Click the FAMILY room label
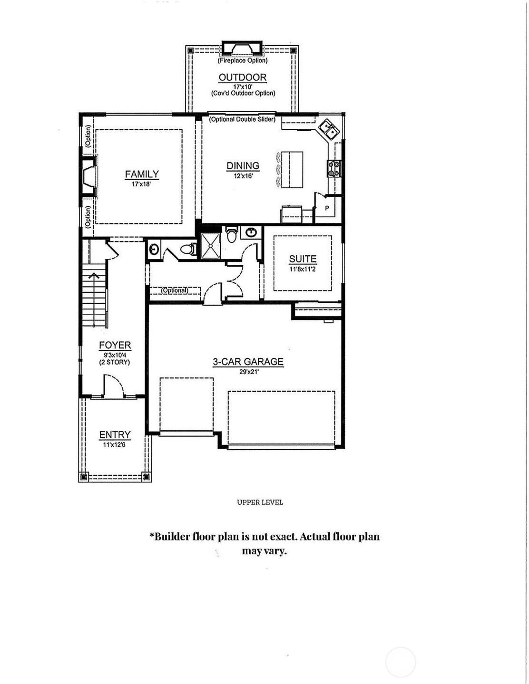(142, 174)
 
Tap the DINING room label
(243, 166)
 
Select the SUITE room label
(303, 259)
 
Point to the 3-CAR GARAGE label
(248, 362)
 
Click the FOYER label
(115, 346)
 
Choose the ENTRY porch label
(115, 435)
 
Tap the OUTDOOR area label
(243, 77)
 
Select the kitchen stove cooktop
(334, 169)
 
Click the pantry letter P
(327, 208)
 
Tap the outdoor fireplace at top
(242, 48)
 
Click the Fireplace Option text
(243, 61)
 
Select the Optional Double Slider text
(242, 119)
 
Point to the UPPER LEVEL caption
(260, 502)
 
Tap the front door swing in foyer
(114, 385)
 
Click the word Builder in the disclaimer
(172, 537)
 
